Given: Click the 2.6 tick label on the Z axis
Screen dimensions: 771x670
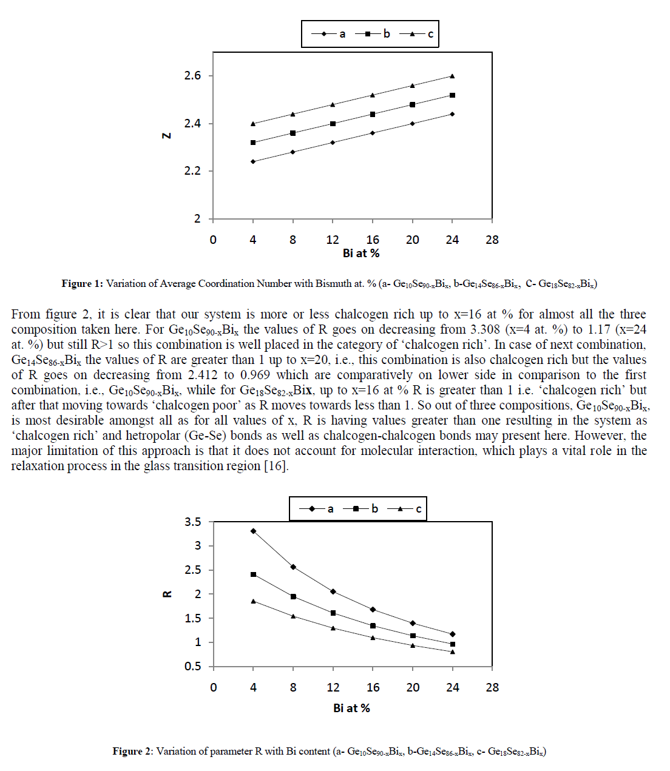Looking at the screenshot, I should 192,76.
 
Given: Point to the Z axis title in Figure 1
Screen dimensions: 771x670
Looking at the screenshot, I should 166,136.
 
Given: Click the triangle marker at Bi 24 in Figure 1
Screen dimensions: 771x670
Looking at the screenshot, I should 452,76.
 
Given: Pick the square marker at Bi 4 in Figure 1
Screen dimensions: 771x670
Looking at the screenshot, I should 253,143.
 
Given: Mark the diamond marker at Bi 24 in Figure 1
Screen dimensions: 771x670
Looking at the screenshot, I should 452,114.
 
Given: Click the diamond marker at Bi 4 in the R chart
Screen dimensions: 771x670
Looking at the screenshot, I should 253,531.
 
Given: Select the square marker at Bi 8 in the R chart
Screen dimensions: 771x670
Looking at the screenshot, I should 293,597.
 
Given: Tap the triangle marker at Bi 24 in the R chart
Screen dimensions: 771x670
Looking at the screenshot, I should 453,652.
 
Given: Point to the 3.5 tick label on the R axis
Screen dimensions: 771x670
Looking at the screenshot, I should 192,522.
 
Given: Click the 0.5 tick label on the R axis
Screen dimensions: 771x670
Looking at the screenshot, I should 192,667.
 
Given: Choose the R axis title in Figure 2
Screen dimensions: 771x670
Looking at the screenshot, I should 167,594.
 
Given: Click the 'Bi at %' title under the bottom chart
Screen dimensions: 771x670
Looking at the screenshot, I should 351,709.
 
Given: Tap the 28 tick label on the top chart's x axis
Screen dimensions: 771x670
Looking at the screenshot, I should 492,240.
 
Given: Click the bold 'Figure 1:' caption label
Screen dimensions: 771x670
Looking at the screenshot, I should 83,284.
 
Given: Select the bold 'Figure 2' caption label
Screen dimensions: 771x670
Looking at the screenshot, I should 132,752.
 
